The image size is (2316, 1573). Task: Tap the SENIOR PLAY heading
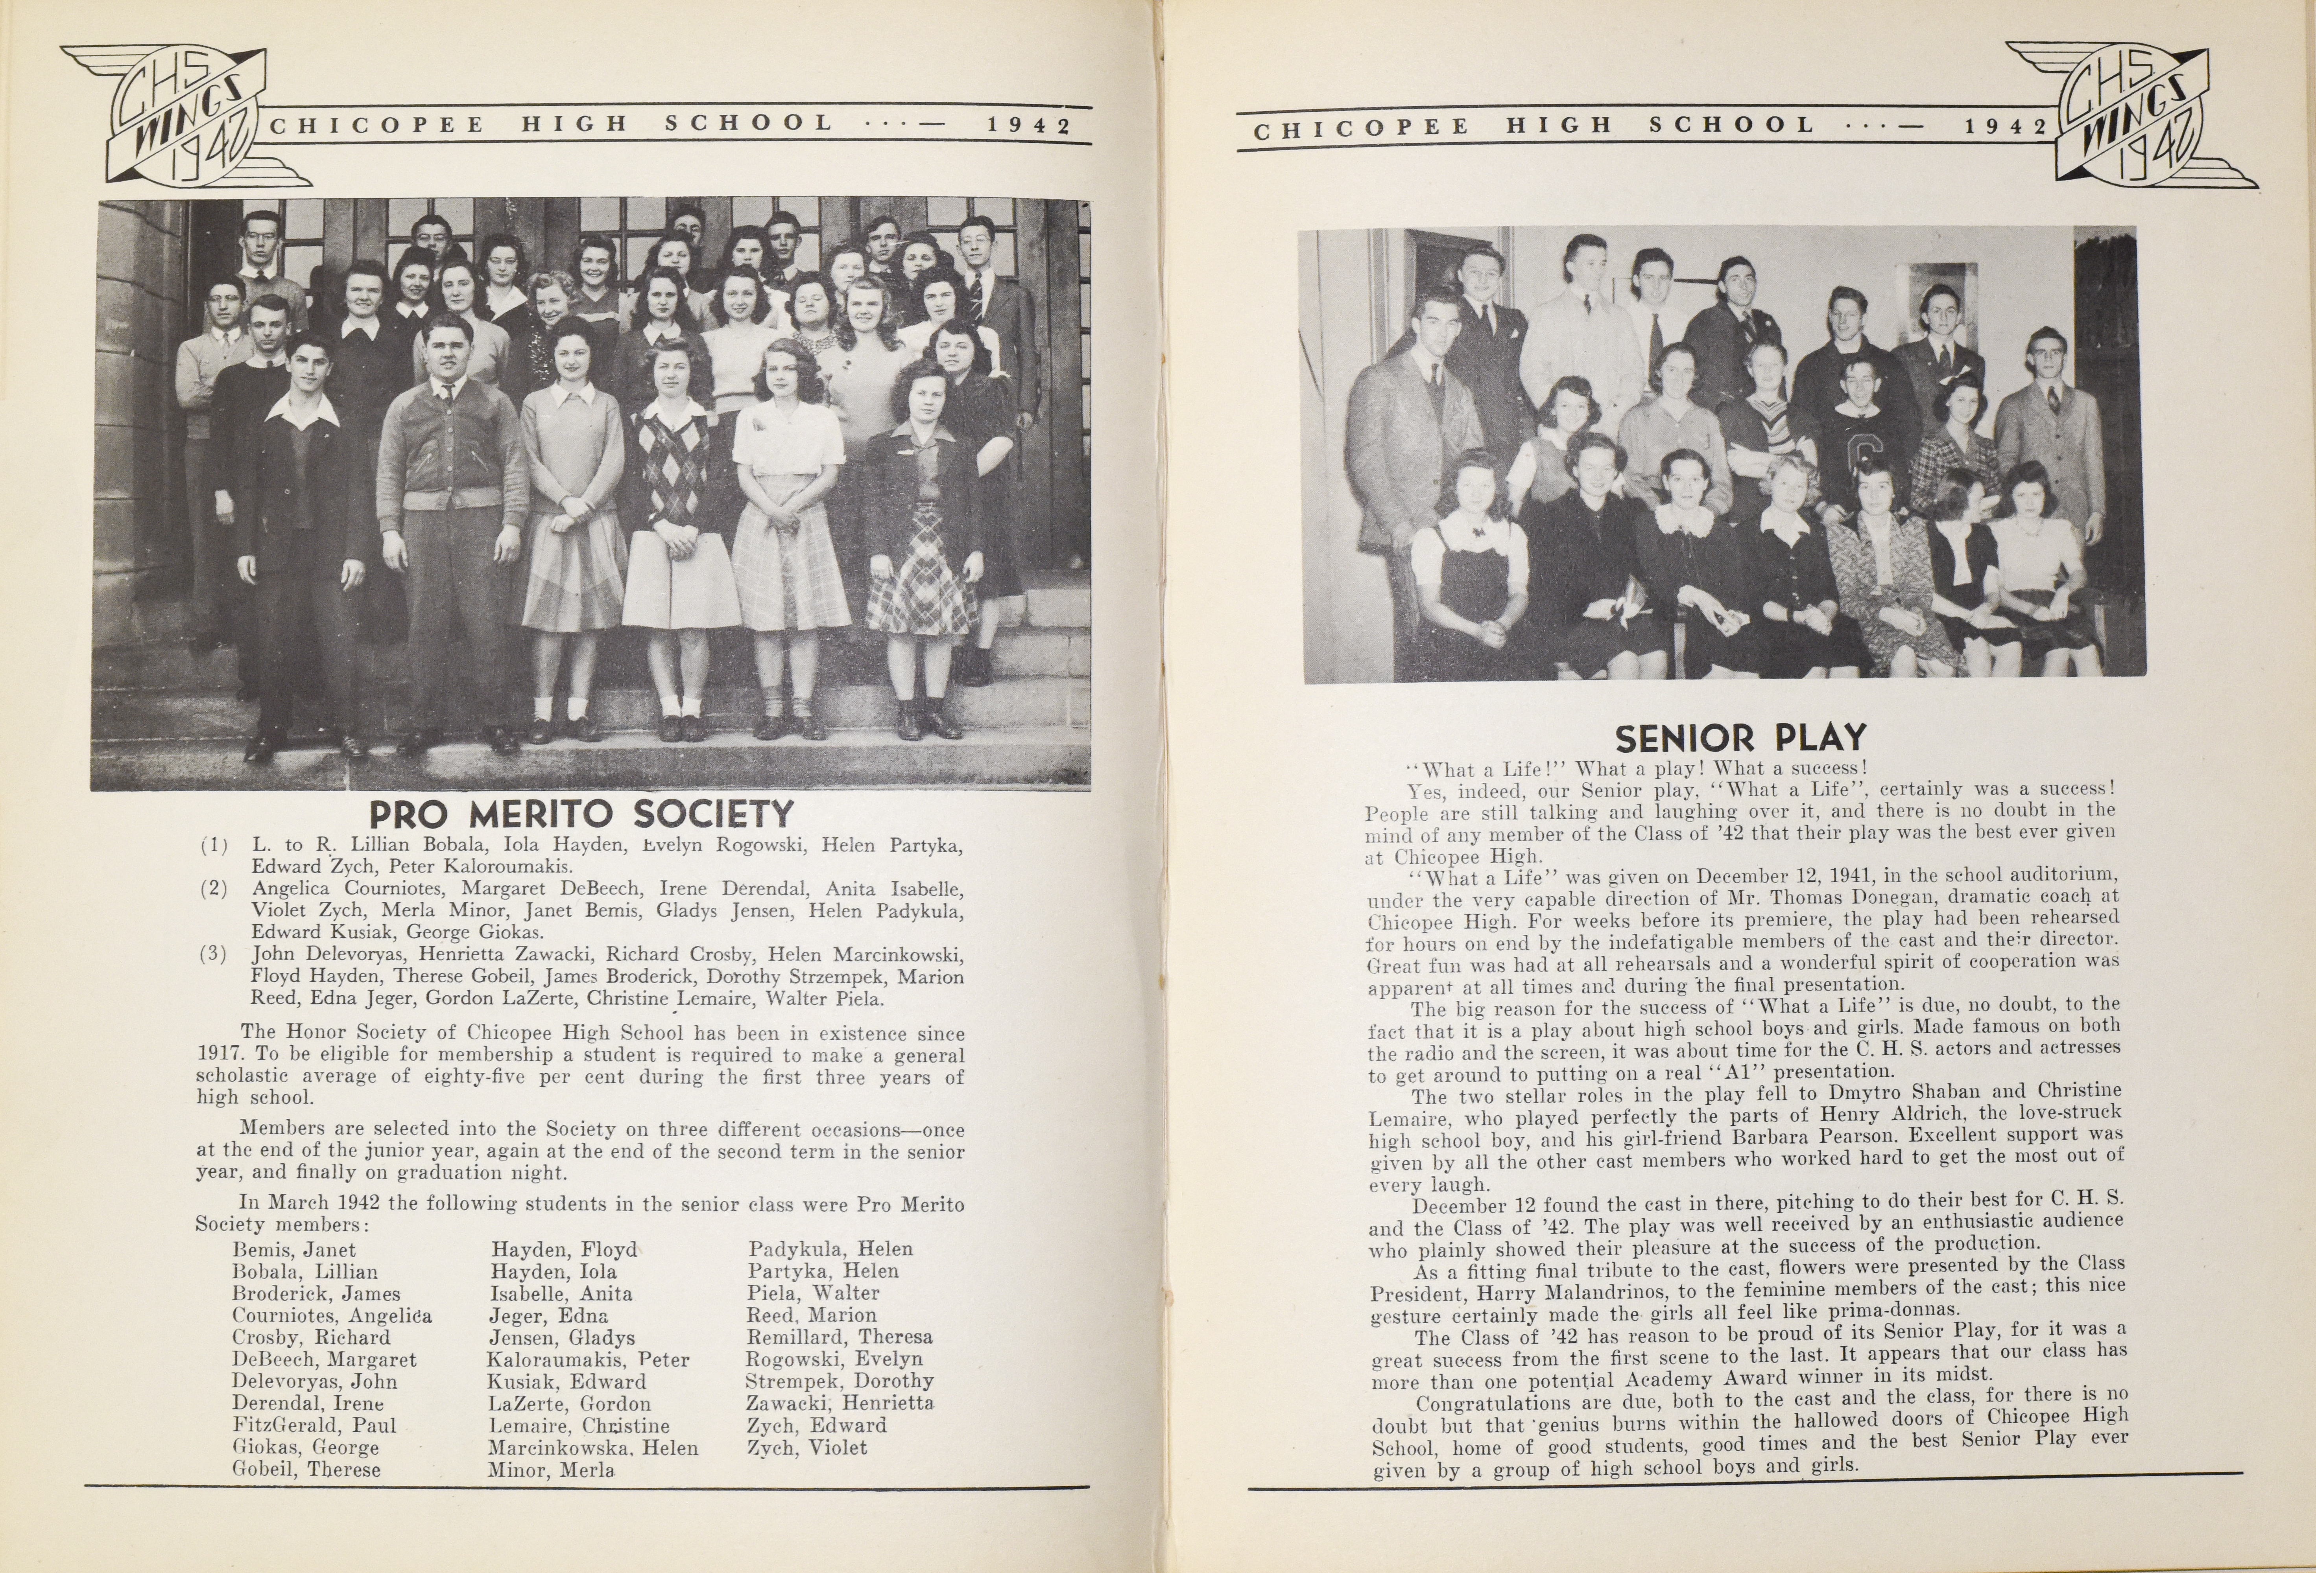pyautogui.click(x=1739, y=738)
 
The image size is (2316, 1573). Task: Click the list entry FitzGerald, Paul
pyautogui.click(x=314, y=1426)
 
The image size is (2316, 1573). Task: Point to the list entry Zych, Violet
pyautogui.click(x=807, y=1448)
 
